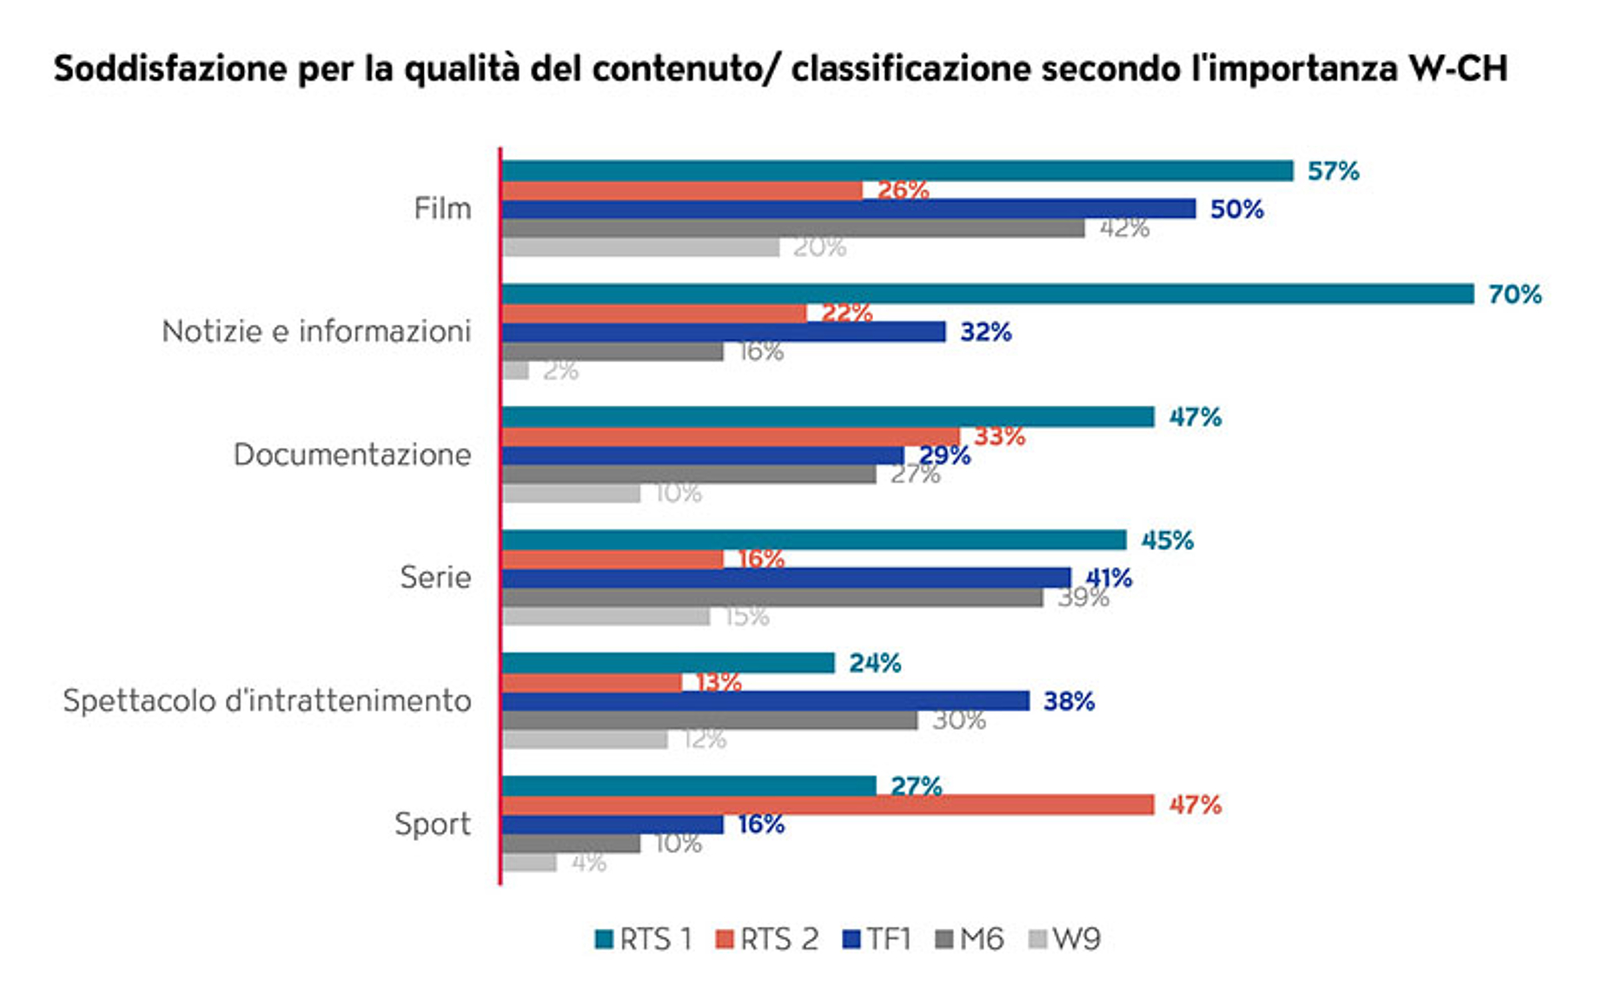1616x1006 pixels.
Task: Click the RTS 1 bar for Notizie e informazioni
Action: click(987, 295)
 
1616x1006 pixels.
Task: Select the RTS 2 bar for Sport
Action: click(827, 805)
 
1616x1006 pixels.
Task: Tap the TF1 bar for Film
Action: click(848, 209)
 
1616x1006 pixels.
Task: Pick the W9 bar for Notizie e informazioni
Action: click(515, 371)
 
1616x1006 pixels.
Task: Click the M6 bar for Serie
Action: click(772, 598)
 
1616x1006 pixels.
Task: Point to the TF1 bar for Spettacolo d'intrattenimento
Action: click(765, 701)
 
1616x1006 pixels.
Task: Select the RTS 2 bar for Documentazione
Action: click(730, 436)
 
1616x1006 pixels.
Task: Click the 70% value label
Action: click(1514, 295)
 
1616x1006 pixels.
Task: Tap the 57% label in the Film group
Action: click(1333, 171)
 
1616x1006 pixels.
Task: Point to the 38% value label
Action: click(1068, 701)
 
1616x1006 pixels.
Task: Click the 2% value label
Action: click(560, 371)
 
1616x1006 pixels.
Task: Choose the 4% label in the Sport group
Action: click(588, 863)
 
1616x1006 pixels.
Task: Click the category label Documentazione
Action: click(352, 454)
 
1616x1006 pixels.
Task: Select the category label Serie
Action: click(435, 577)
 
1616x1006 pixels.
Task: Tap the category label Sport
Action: click(433, 824)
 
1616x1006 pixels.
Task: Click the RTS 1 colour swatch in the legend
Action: click(604, 939)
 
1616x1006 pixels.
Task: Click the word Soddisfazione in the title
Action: click(170, 69)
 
